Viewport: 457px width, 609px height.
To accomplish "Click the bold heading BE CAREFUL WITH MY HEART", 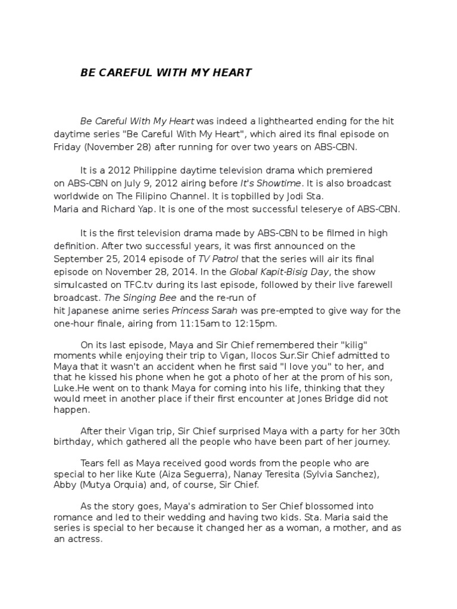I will [166, 73].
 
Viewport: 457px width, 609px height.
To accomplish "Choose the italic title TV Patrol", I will [218, 259].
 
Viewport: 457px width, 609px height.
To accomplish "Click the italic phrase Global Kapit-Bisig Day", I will [281, 272].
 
